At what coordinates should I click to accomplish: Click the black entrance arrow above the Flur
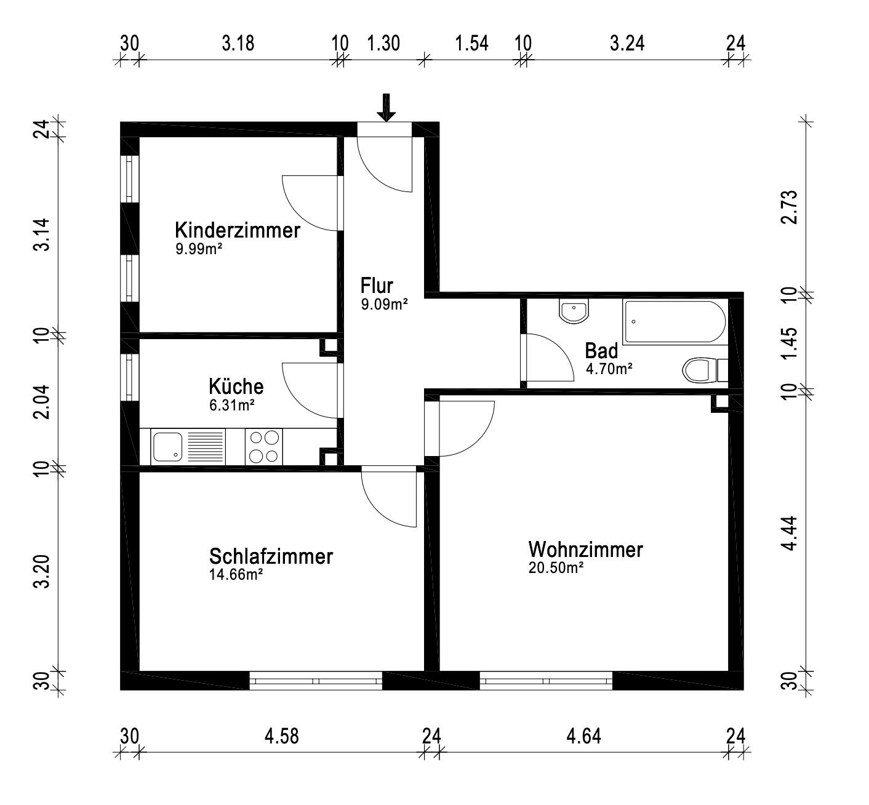click(x=386, y=108)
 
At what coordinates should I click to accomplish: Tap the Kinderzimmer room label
click(x=238, y=230)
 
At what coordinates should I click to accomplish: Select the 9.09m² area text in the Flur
click(x=384, y=304)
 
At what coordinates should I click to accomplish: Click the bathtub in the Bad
click(x=675, y=322)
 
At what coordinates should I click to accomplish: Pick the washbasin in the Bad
click(x=574, y=311)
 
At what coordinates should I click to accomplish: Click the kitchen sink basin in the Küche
click(x=167, y=447)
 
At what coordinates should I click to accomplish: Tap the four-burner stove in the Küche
click(x=264, y=447)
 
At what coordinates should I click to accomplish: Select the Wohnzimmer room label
click(x=585, y=550)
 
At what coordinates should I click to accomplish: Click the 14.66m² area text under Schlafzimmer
click(x=236, y=574)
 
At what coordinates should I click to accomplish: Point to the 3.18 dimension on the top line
click(x=238, y=43)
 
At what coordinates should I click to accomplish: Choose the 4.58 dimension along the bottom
click(x=281, y=736)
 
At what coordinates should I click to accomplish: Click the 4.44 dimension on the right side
click(x=790, y=533)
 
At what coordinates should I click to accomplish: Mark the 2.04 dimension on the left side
click(x=42, y=402)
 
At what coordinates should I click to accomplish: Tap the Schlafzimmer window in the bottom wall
click(x=316, y=681)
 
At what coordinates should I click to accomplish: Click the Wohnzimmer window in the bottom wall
click(x=546, y=681)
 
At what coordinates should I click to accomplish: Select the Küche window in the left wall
click(x=129, y=377)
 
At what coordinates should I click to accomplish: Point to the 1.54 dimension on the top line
click(x=471, y=43)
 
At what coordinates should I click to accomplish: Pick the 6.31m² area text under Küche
click(x=232, y=405)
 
